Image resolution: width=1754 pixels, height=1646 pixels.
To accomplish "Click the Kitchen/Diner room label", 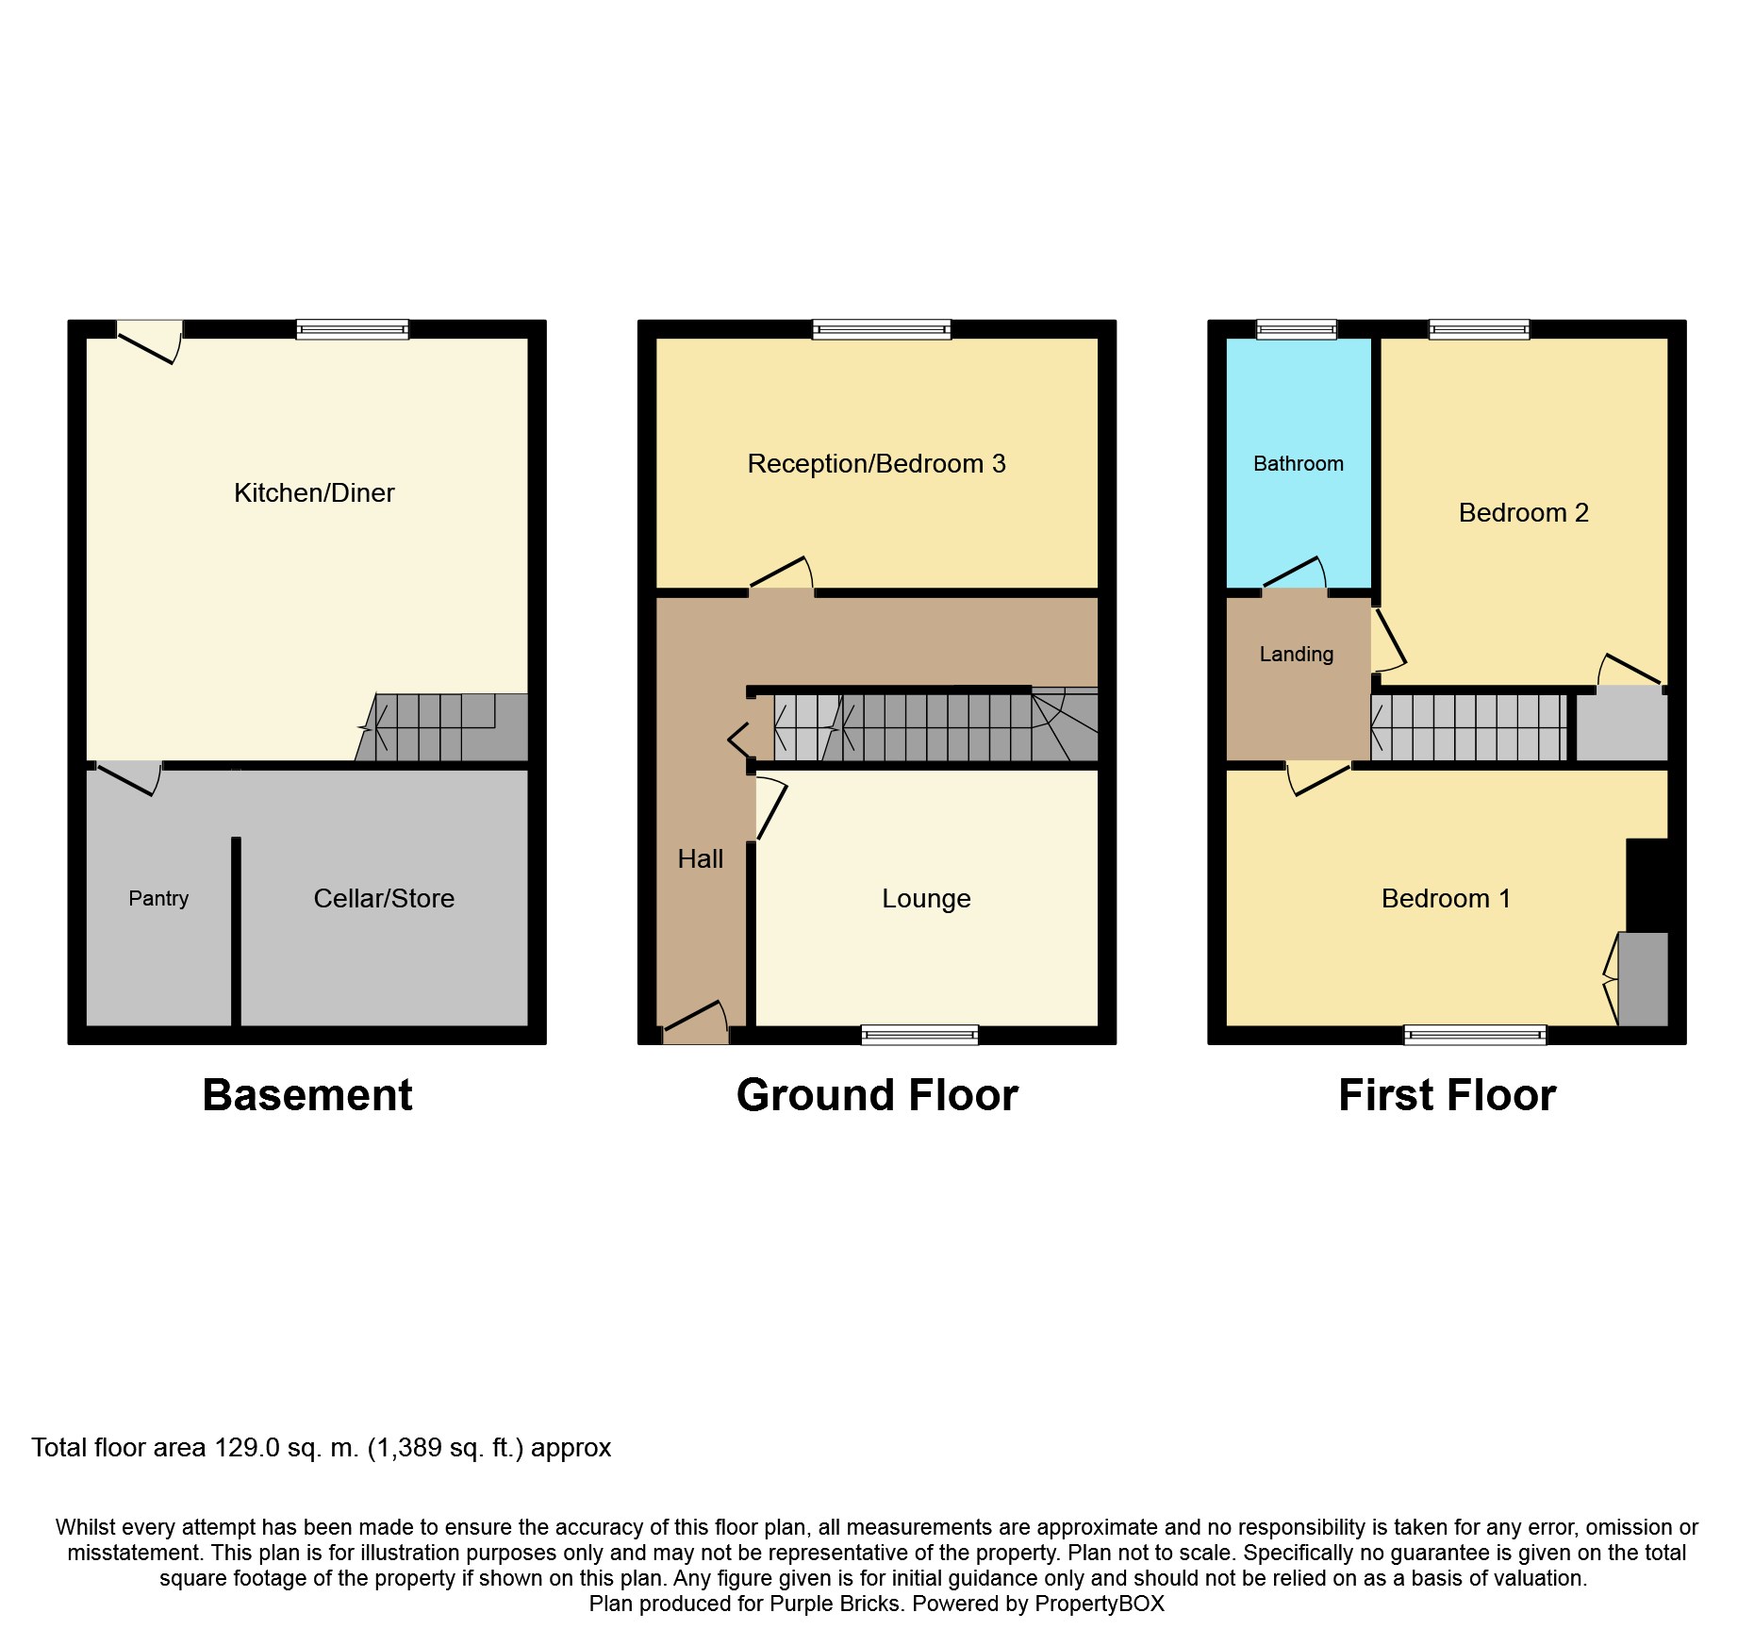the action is coord(314,492).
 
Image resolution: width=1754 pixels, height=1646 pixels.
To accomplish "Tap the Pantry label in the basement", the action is coord(158,898).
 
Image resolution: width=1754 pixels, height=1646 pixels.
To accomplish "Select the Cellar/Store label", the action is coord(384,898).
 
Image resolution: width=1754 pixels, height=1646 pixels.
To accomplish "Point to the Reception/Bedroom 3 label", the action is coord(876,463).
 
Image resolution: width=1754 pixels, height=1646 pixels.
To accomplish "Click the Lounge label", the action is coord(926,899).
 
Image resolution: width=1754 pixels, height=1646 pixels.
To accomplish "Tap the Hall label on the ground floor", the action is coord(701,858).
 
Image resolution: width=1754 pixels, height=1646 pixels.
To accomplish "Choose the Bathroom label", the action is coord(1299,463).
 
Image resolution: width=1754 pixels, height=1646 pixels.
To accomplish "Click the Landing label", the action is coord(1297,654).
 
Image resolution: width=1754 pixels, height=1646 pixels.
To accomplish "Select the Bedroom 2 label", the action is coord(1524,512).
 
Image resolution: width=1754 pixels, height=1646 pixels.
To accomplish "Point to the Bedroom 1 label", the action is coord(1446,898).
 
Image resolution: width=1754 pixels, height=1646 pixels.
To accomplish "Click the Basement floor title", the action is coord(307,1095).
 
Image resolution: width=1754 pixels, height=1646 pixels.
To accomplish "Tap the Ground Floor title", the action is coord(877,1095).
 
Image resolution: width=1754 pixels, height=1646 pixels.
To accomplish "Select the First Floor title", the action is coord(1447,1095).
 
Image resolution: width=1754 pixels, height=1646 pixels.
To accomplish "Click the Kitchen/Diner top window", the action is coord(353,329).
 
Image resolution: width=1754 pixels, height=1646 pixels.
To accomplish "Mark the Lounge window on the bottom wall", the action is coord(919,1035).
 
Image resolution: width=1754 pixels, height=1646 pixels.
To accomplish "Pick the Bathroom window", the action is coord(1297,329).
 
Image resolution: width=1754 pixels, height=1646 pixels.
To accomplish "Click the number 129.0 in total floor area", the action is coord(247,1447).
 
